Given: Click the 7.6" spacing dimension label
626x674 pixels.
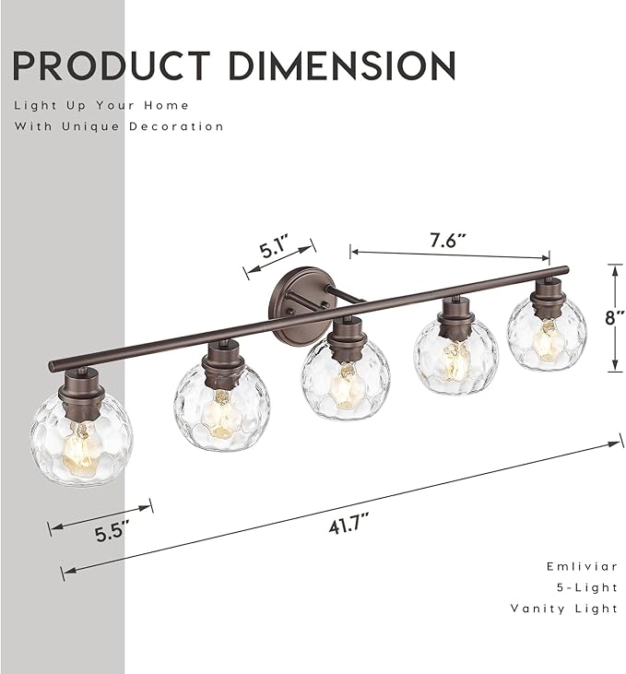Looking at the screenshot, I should pos(448,240).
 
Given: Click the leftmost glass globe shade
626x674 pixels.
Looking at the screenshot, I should pos(80,439).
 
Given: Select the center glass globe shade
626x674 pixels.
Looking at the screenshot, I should pos(346,379).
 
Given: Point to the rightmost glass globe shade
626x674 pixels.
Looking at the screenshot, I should pos(547,335).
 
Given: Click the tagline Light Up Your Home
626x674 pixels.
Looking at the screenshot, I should pos(100,105).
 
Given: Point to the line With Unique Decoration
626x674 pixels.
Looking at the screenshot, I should pos(119,126).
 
